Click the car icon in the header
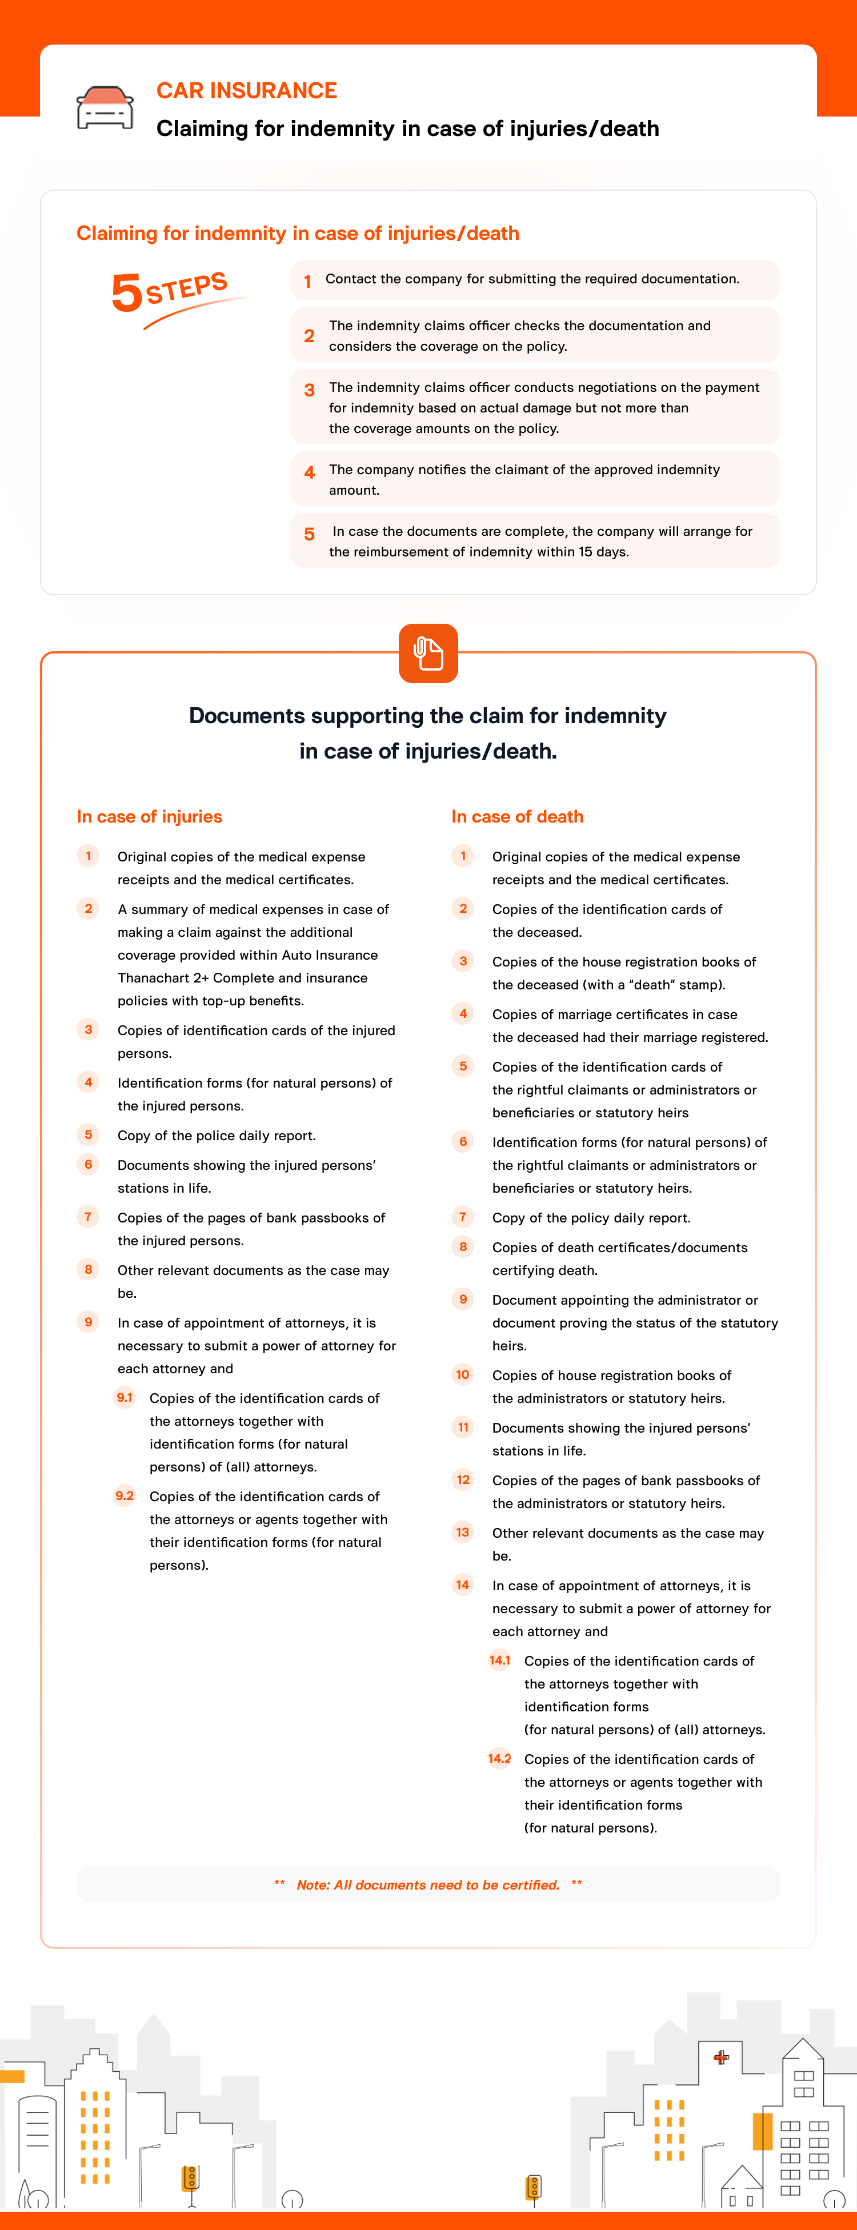pyautogui.click(x=105, y=108)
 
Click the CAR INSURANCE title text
pyautogui.click(x=247, y=91)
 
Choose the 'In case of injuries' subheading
pyautogui.click(x=149, y=816)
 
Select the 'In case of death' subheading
pyautogui.click(x=517, y=816)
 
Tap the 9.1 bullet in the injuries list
pyautogui.click(x=125, y=1397)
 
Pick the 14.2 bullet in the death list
pyautogui.click(x=499, y=1758)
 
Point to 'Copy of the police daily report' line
pyautogui.click(x=217, y=1136)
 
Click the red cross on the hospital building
pyautogui.click(x=721, y=2057)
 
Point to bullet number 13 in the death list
pyautogui.click(x=463, y=1532)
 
